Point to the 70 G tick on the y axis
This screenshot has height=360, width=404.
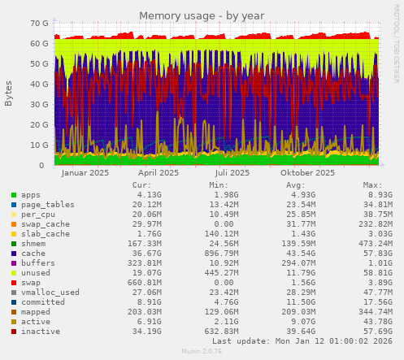point(37,24)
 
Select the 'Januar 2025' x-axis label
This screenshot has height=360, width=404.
point(85,173)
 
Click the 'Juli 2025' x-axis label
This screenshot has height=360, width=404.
point(232,173)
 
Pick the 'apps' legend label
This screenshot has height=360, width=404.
point(31,195)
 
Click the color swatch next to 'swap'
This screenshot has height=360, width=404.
point(13,283)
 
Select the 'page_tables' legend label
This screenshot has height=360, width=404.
point(47,205)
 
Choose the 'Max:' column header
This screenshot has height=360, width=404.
point(372,185)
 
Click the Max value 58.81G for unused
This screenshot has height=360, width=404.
point(376,273)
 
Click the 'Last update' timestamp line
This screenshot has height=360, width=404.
point(302,341)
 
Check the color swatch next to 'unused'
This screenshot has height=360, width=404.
point(13,273)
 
